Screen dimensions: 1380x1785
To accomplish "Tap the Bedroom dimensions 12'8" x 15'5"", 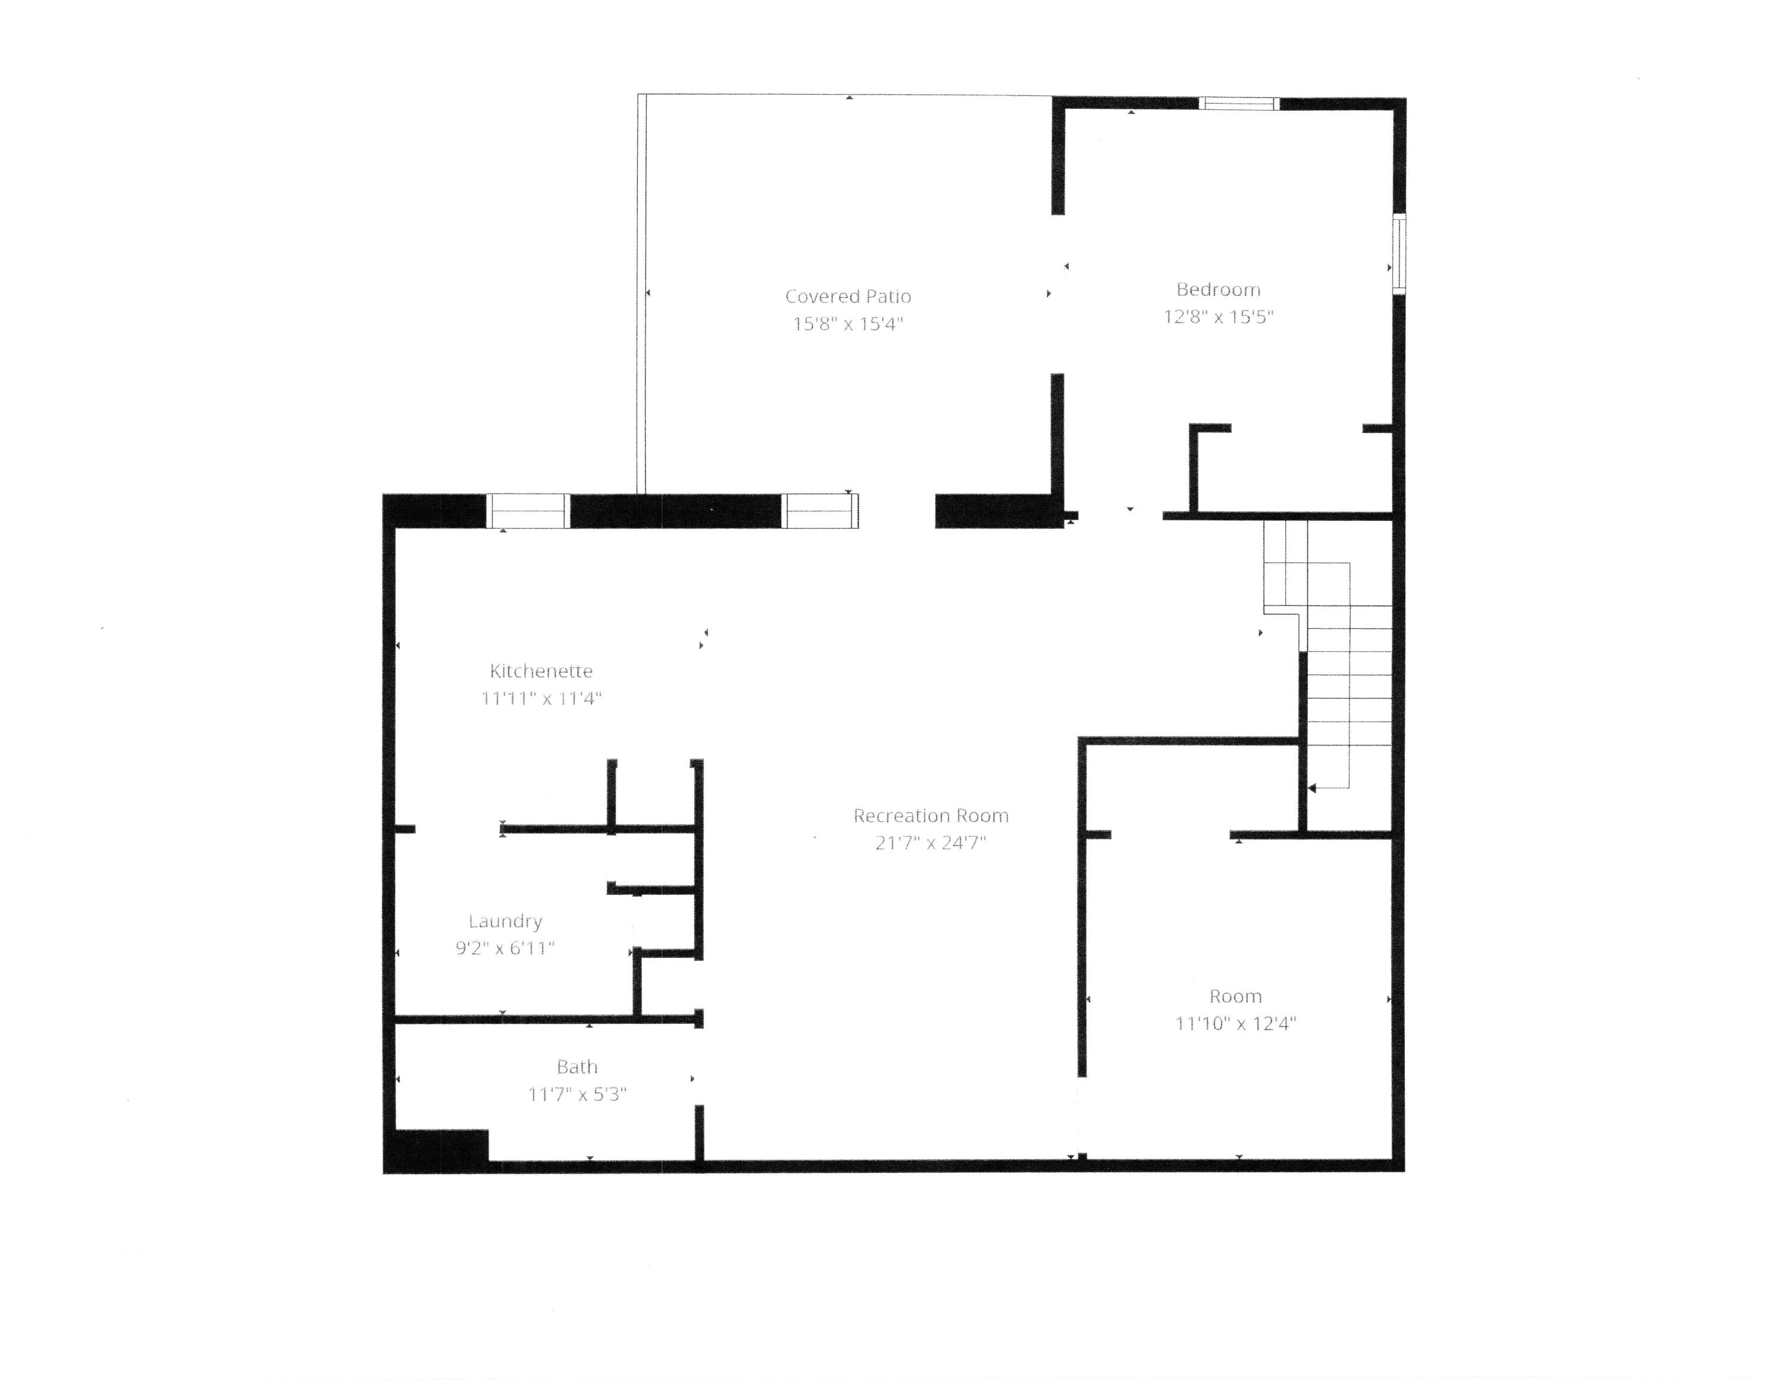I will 1218,316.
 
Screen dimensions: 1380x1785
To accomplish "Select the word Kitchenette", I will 541,671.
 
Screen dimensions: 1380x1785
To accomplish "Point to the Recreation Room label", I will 931,815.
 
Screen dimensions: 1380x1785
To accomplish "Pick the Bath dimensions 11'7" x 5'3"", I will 577,1094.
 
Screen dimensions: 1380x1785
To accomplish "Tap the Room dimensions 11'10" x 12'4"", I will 1235,1023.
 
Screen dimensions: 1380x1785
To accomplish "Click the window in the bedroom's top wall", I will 1238,104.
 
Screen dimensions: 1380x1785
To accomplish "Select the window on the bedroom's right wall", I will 1399,254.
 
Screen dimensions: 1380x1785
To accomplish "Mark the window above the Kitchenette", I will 528,511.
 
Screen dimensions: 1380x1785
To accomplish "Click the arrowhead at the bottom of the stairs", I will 1312,789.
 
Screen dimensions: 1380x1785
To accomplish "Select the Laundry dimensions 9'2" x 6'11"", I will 505,948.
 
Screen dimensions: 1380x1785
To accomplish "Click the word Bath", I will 577,1067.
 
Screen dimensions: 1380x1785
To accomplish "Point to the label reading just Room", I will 1235,997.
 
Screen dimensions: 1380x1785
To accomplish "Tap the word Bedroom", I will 1218,289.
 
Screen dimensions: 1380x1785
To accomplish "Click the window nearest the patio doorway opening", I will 821,511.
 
